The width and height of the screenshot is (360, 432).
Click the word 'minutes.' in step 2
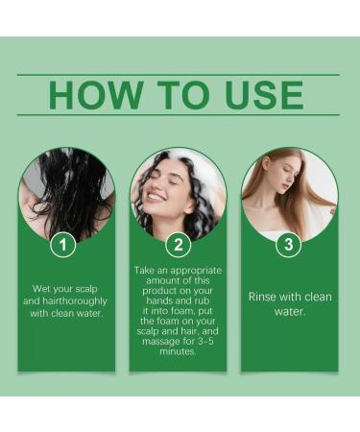pyautogui.click(x=178, y=353)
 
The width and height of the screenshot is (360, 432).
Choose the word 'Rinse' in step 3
pyautogui.click(x=265, y=297)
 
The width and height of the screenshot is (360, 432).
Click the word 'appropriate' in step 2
pyautogui.click(x=190, y=272)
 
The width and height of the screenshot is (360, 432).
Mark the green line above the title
pyautogui.click(x=178, y=74)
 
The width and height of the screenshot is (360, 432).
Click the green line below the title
pyautogui.click(x=178, y=115)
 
